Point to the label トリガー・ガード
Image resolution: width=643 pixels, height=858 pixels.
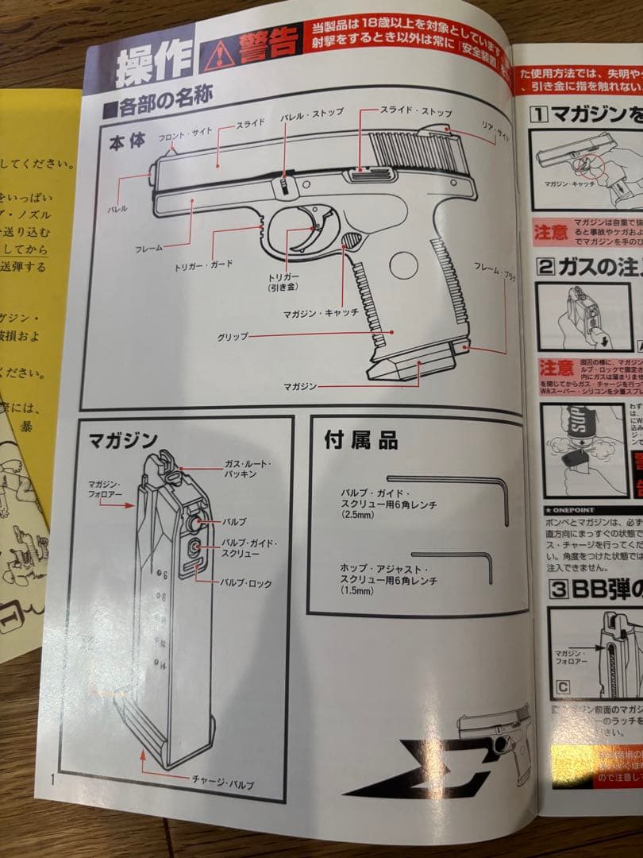(204, 265)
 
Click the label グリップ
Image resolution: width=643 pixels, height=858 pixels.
(233, 337)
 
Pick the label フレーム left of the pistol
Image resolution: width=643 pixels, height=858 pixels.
(148, 248)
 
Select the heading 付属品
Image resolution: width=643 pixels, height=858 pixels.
(361, 440)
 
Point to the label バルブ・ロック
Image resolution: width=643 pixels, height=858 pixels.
(245, 583)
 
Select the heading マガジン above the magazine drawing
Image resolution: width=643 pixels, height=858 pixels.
(123, 439)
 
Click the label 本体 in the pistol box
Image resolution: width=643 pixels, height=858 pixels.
(127, 143)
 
